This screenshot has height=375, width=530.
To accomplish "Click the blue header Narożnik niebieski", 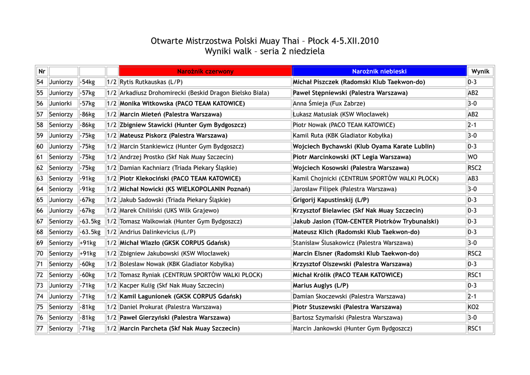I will click(x=379, y=71).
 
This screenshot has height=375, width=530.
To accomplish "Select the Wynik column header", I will click(x=480, y=71).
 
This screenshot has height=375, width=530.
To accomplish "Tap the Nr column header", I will click(x=42, y=71).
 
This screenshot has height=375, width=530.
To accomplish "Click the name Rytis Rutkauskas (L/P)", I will click(x=151, y=82).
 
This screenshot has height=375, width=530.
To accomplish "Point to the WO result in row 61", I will click(x=472, y=157).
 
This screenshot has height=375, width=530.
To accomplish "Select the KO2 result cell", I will click(x=473, y=307).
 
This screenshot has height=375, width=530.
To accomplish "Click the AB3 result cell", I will click(x=473, y=179).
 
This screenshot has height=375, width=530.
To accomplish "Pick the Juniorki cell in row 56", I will click(x=61, y=104).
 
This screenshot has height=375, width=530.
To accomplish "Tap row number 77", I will click(x=40, y=328).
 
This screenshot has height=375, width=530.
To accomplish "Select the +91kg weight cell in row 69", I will click(x=88, y=243).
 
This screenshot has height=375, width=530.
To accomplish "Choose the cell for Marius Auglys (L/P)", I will click(x=320, y=286).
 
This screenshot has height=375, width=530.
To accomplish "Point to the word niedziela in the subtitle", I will click(x=306, y=52).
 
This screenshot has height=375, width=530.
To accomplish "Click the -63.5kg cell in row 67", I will click(x=91, y=222).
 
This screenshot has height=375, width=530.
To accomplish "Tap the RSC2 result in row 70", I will click(x=474, y=254).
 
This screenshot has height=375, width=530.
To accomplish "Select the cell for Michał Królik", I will click(x=347, y=275).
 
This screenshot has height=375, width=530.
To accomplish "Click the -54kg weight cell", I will click(x=88, y=82).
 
